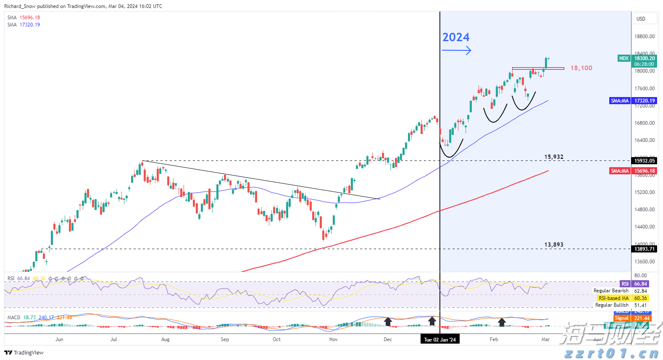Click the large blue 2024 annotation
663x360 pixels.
(x=456, y=37)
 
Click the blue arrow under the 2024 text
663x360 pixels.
(x=456, y=51)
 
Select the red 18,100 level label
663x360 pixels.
(x=581, y=68)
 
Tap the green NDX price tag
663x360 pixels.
(x=624, y=58)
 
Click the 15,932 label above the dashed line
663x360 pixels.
(x=554, y=157)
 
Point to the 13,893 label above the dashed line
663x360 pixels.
(x=554, y=244)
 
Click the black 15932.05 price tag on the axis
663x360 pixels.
(x=645, y=161)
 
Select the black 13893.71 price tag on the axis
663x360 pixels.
(x=645, y=249)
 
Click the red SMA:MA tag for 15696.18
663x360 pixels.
(x=620, y=171)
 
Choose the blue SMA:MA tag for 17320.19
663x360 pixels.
(x=620, y=101)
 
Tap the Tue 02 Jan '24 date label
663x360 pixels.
(x=439, y=339)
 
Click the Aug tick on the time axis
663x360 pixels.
(x=166, y=339)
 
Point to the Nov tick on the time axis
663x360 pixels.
(x=334, y=339)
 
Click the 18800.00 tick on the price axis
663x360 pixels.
(x=645, y=37)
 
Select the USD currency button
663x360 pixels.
(x=641, y=18)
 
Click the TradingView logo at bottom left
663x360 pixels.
(x=24, y=352)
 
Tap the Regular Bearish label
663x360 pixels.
(x=611, y=291)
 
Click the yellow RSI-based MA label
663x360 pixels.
(x=613, y=298)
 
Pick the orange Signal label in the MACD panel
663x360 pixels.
(x=622, y=318)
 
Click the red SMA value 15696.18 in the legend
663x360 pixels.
(x=30, y=18)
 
